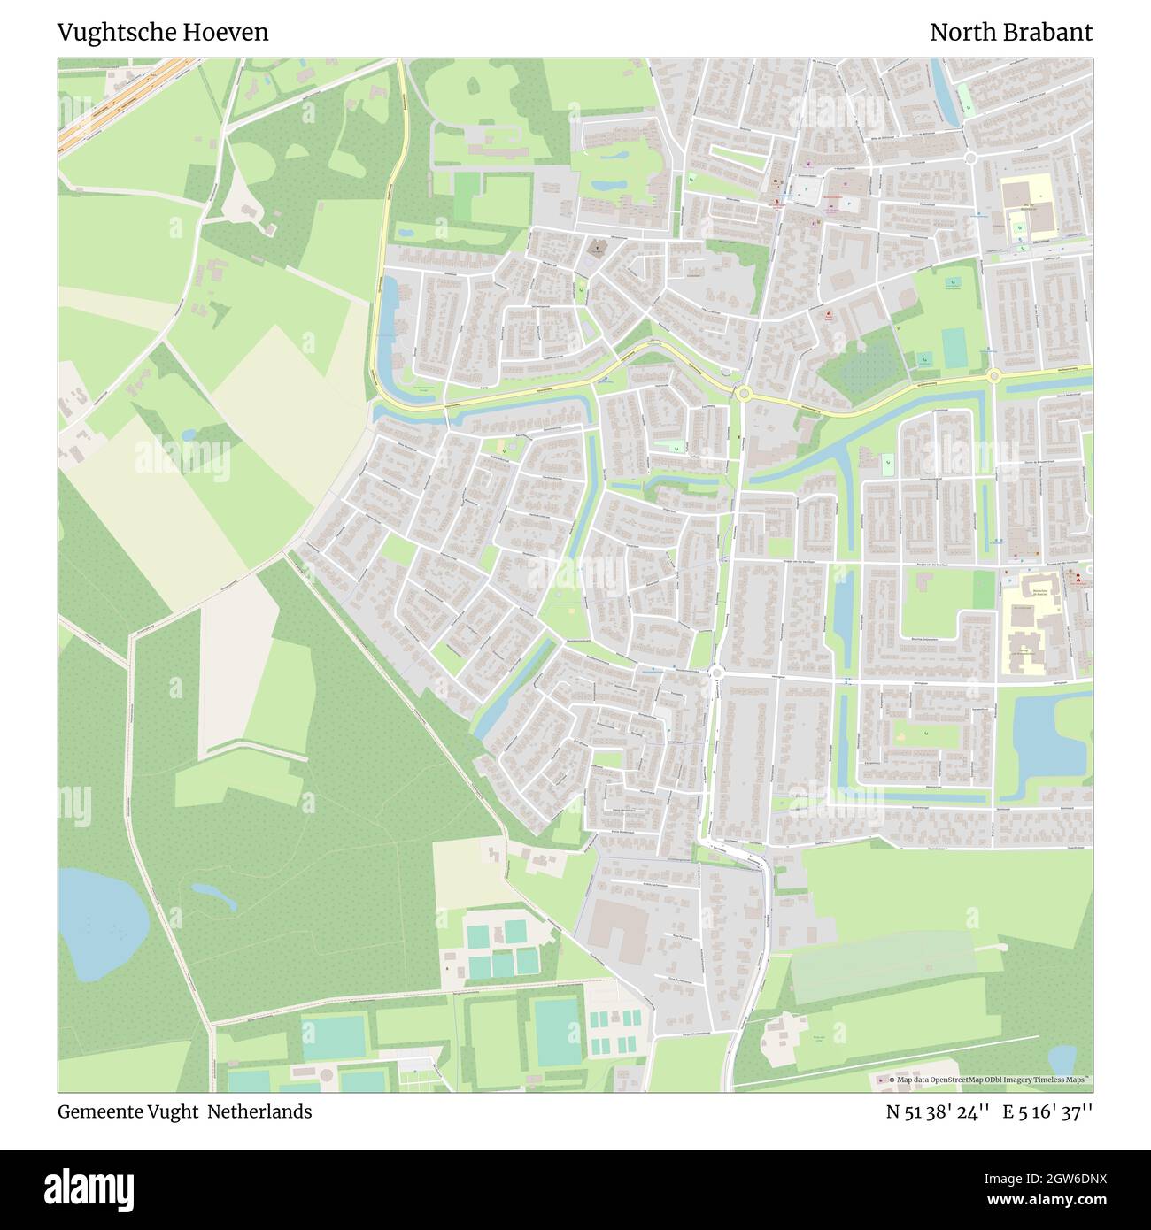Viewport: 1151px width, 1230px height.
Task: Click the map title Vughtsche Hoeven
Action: click(163, 33)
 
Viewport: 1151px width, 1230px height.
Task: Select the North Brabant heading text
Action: click(1010, 33)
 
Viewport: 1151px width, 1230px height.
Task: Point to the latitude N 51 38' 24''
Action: click(938, 1111)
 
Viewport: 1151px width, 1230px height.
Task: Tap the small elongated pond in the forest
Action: click(214, 896)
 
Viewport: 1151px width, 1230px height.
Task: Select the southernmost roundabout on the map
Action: click(716, 673)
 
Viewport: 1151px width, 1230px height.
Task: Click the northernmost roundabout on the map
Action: click(970, 158)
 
